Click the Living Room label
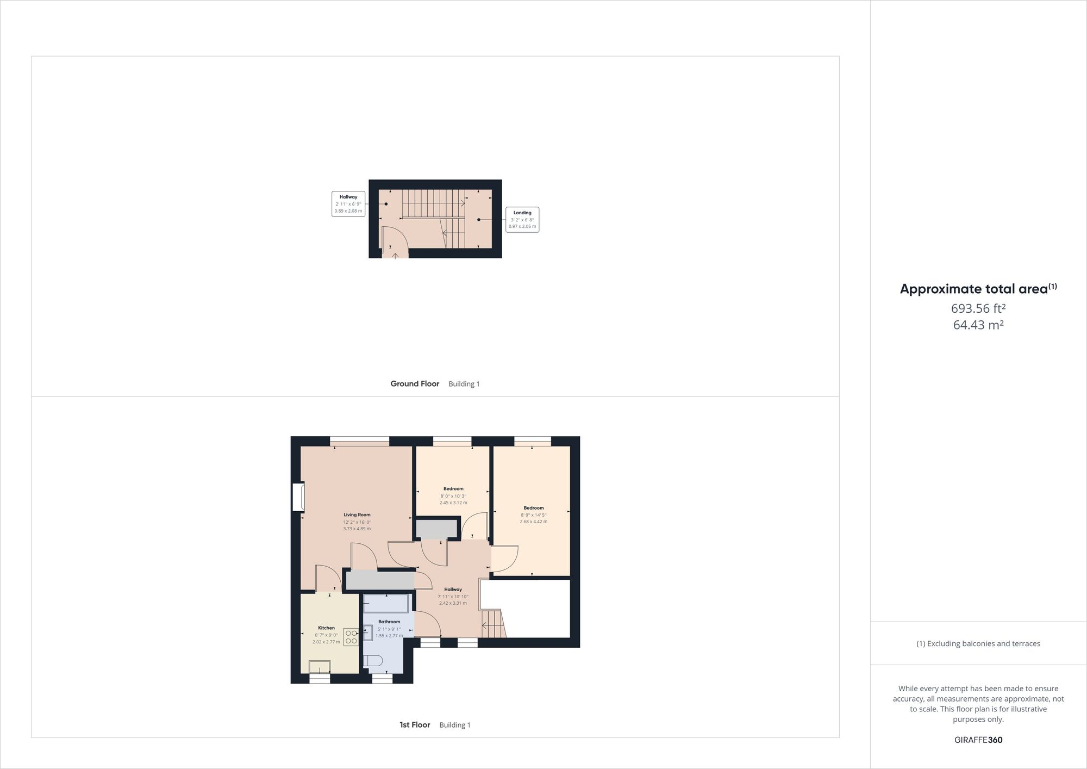pyautogui.click(x=357, y=514)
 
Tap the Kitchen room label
pyautogui.click(x=326, y=628)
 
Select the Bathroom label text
pyautogui.click(x=389, y=622)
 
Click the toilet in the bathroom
pyautogui.click(x=373, y=661)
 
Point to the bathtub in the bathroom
pyautogui.click(x=385, y=603)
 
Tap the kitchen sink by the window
pyautogui.click(x=320, y=667)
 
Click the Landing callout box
pyautogui.click(x=522, y=220)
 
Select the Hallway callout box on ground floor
pyautogui.click(x=348, y=204)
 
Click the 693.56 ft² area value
pyautogui.click(x=978, y=308)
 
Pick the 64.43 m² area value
pyautogui.click(x=978, y=325)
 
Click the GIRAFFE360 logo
pyautogui.click(x=978, y=740)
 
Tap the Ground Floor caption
pyautogui.click(x=415, y=383)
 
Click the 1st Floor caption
pyautogui.click(x=415, y=724)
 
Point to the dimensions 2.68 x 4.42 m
pyautogui.click(x=533, y=522)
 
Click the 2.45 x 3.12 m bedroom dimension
pyautogui.click(x=453, y=503)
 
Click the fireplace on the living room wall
pyautogui.click(x=298, y=497)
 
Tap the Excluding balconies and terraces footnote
pyautogui.click(x=978, y=643)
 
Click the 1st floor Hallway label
pyautogui.click(x=453, y=590)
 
